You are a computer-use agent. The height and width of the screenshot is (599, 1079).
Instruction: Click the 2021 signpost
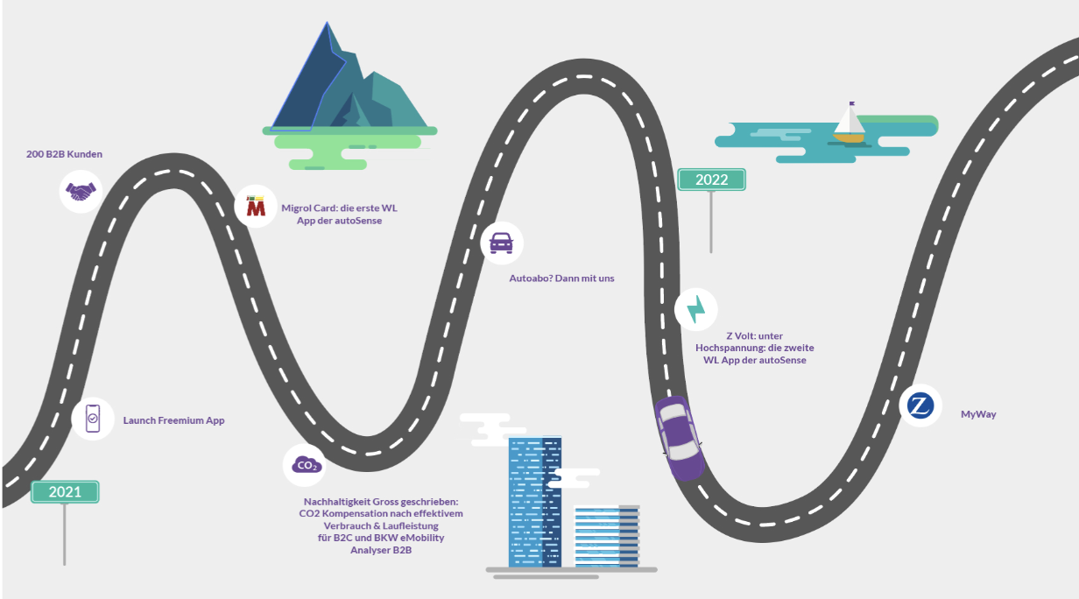pos(65,492)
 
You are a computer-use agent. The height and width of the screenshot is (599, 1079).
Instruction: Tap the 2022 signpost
pos(711,180)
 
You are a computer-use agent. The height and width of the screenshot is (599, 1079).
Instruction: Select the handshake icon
pos(81,191)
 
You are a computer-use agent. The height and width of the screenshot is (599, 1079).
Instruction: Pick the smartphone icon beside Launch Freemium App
pos(93,419)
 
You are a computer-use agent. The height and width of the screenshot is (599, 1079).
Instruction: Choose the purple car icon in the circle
pos(502,243)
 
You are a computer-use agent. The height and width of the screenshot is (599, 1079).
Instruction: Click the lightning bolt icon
pos(696,310)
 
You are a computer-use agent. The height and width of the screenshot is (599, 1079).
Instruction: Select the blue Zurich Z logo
pos(920,406)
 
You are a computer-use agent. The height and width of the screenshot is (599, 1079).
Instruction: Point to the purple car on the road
pos(680,437)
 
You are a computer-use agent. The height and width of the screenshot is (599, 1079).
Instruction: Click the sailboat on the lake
pos(849,125)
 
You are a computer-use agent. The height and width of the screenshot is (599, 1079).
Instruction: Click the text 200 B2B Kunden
pos(64,154)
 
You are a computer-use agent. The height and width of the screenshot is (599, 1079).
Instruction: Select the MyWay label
pos(978,414)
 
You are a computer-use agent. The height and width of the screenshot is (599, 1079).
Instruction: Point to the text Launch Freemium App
pos(173,420)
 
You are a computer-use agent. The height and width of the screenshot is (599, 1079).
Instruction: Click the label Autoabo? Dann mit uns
pos(561,278)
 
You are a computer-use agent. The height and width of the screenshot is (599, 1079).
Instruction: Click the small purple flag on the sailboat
pos(851,103)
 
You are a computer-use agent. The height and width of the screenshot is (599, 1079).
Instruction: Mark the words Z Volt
pos(734,335)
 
